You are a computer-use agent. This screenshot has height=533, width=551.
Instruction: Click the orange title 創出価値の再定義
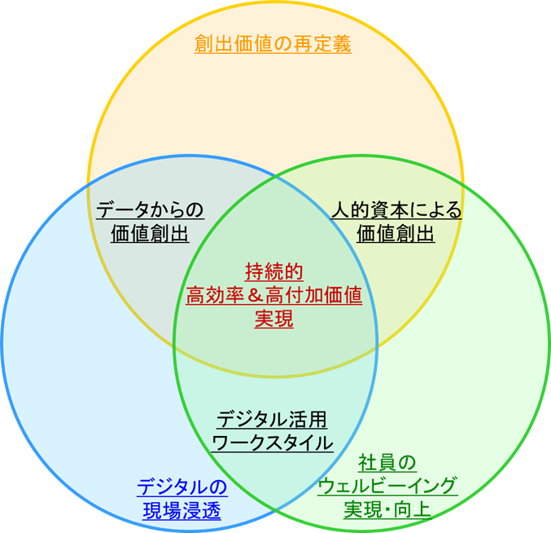(273, 44)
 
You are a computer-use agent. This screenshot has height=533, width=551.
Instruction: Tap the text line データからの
(150, 210)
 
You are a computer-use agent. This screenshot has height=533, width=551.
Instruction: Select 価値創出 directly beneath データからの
(150, 234)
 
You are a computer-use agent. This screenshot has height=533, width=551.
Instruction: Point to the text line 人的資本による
(396, 210)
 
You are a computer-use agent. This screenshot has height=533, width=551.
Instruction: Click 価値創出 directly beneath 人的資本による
(396, 234)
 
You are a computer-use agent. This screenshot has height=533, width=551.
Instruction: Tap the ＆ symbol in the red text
(256, 295)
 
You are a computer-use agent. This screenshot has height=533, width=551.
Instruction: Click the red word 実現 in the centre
(274, 319)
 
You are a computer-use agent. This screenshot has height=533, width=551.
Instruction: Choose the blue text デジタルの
(181, 487)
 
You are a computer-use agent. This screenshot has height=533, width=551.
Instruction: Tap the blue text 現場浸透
(181, 511)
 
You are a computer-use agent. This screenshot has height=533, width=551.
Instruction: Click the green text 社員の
(387, 464)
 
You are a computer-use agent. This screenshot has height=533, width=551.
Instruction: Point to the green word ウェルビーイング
(387, 487)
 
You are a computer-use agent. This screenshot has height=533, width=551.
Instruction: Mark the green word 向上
(412, 511)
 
